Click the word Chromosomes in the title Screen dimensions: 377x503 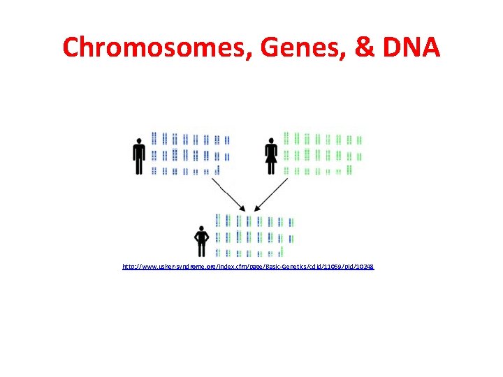click(x=160, y=47)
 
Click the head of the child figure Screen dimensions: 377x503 click(x=202, y=228)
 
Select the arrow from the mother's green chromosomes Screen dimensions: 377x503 click(x=272, y=193)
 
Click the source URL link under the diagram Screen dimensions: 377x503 click(x=248, y=267)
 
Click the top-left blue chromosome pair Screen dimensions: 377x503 click(x=155, y=138)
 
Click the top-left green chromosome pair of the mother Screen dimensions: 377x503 click(x=286, y=138)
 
